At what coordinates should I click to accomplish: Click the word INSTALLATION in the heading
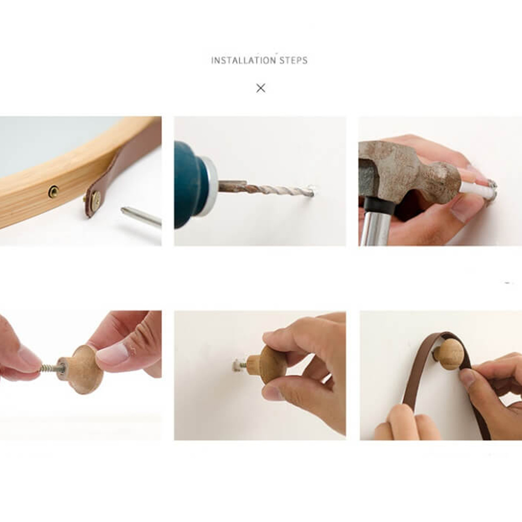pyautogui.click(x=244, y=60)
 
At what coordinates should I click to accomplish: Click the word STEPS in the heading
pyautogui.click(x=293, y=60)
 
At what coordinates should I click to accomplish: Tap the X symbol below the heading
pyautogui.click(x=260, y=88)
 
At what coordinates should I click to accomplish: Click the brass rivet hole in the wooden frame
pyautogui.click(x=53, y=192)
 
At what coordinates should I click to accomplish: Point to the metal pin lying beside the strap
pyautogui.click(x=141, y=217)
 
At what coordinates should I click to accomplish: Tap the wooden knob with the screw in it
pyautogui.click(x=81, y=369)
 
